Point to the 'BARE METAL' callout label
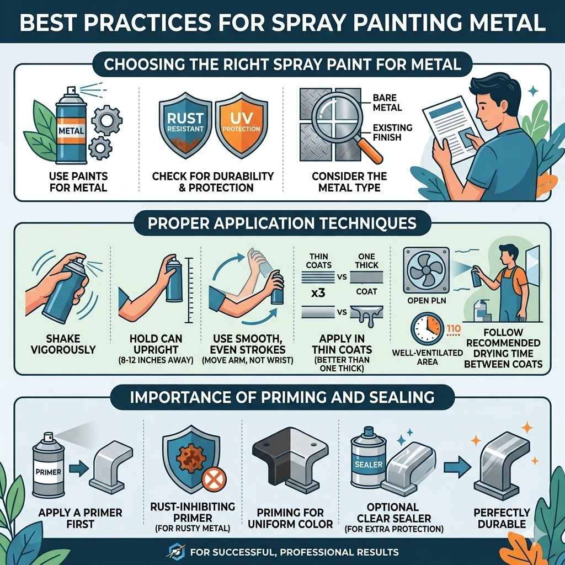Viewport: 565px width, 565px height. [x=387, y=103]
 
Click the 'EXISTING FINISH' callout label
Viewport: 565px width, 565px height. [x=392, y=132]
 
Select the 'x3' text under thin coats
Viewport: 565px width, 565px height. [x=318, y=293]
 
